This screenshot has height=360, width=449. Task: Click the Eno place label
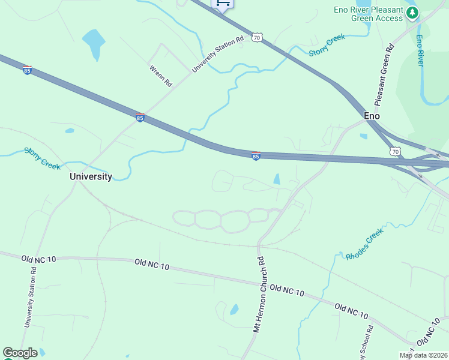click(372, 116)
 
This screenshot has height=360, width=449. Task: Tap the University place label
click(91, 176)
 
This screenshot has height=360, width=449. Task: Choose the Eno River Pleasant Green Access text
click(369, 14)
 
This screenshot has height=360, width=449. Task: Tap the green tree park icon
click(412, 13)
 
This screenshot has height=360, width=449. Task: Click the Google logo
click(20, 353)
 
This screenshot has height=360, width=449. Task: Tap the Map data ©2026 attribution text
click(423, 355)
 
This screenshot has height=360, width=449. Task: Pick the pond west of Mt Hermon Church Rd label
click(234, 310)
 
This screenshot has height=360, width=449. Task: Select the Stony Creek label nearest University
click(43, 158)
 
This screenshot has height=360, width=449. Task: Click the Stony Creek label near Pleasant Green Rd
click(327, 46)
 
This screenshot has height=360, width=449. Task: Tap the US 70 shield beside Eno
click(394, 152)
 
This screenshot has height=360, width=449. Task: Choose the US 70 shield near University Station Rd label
click(257, 38)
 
